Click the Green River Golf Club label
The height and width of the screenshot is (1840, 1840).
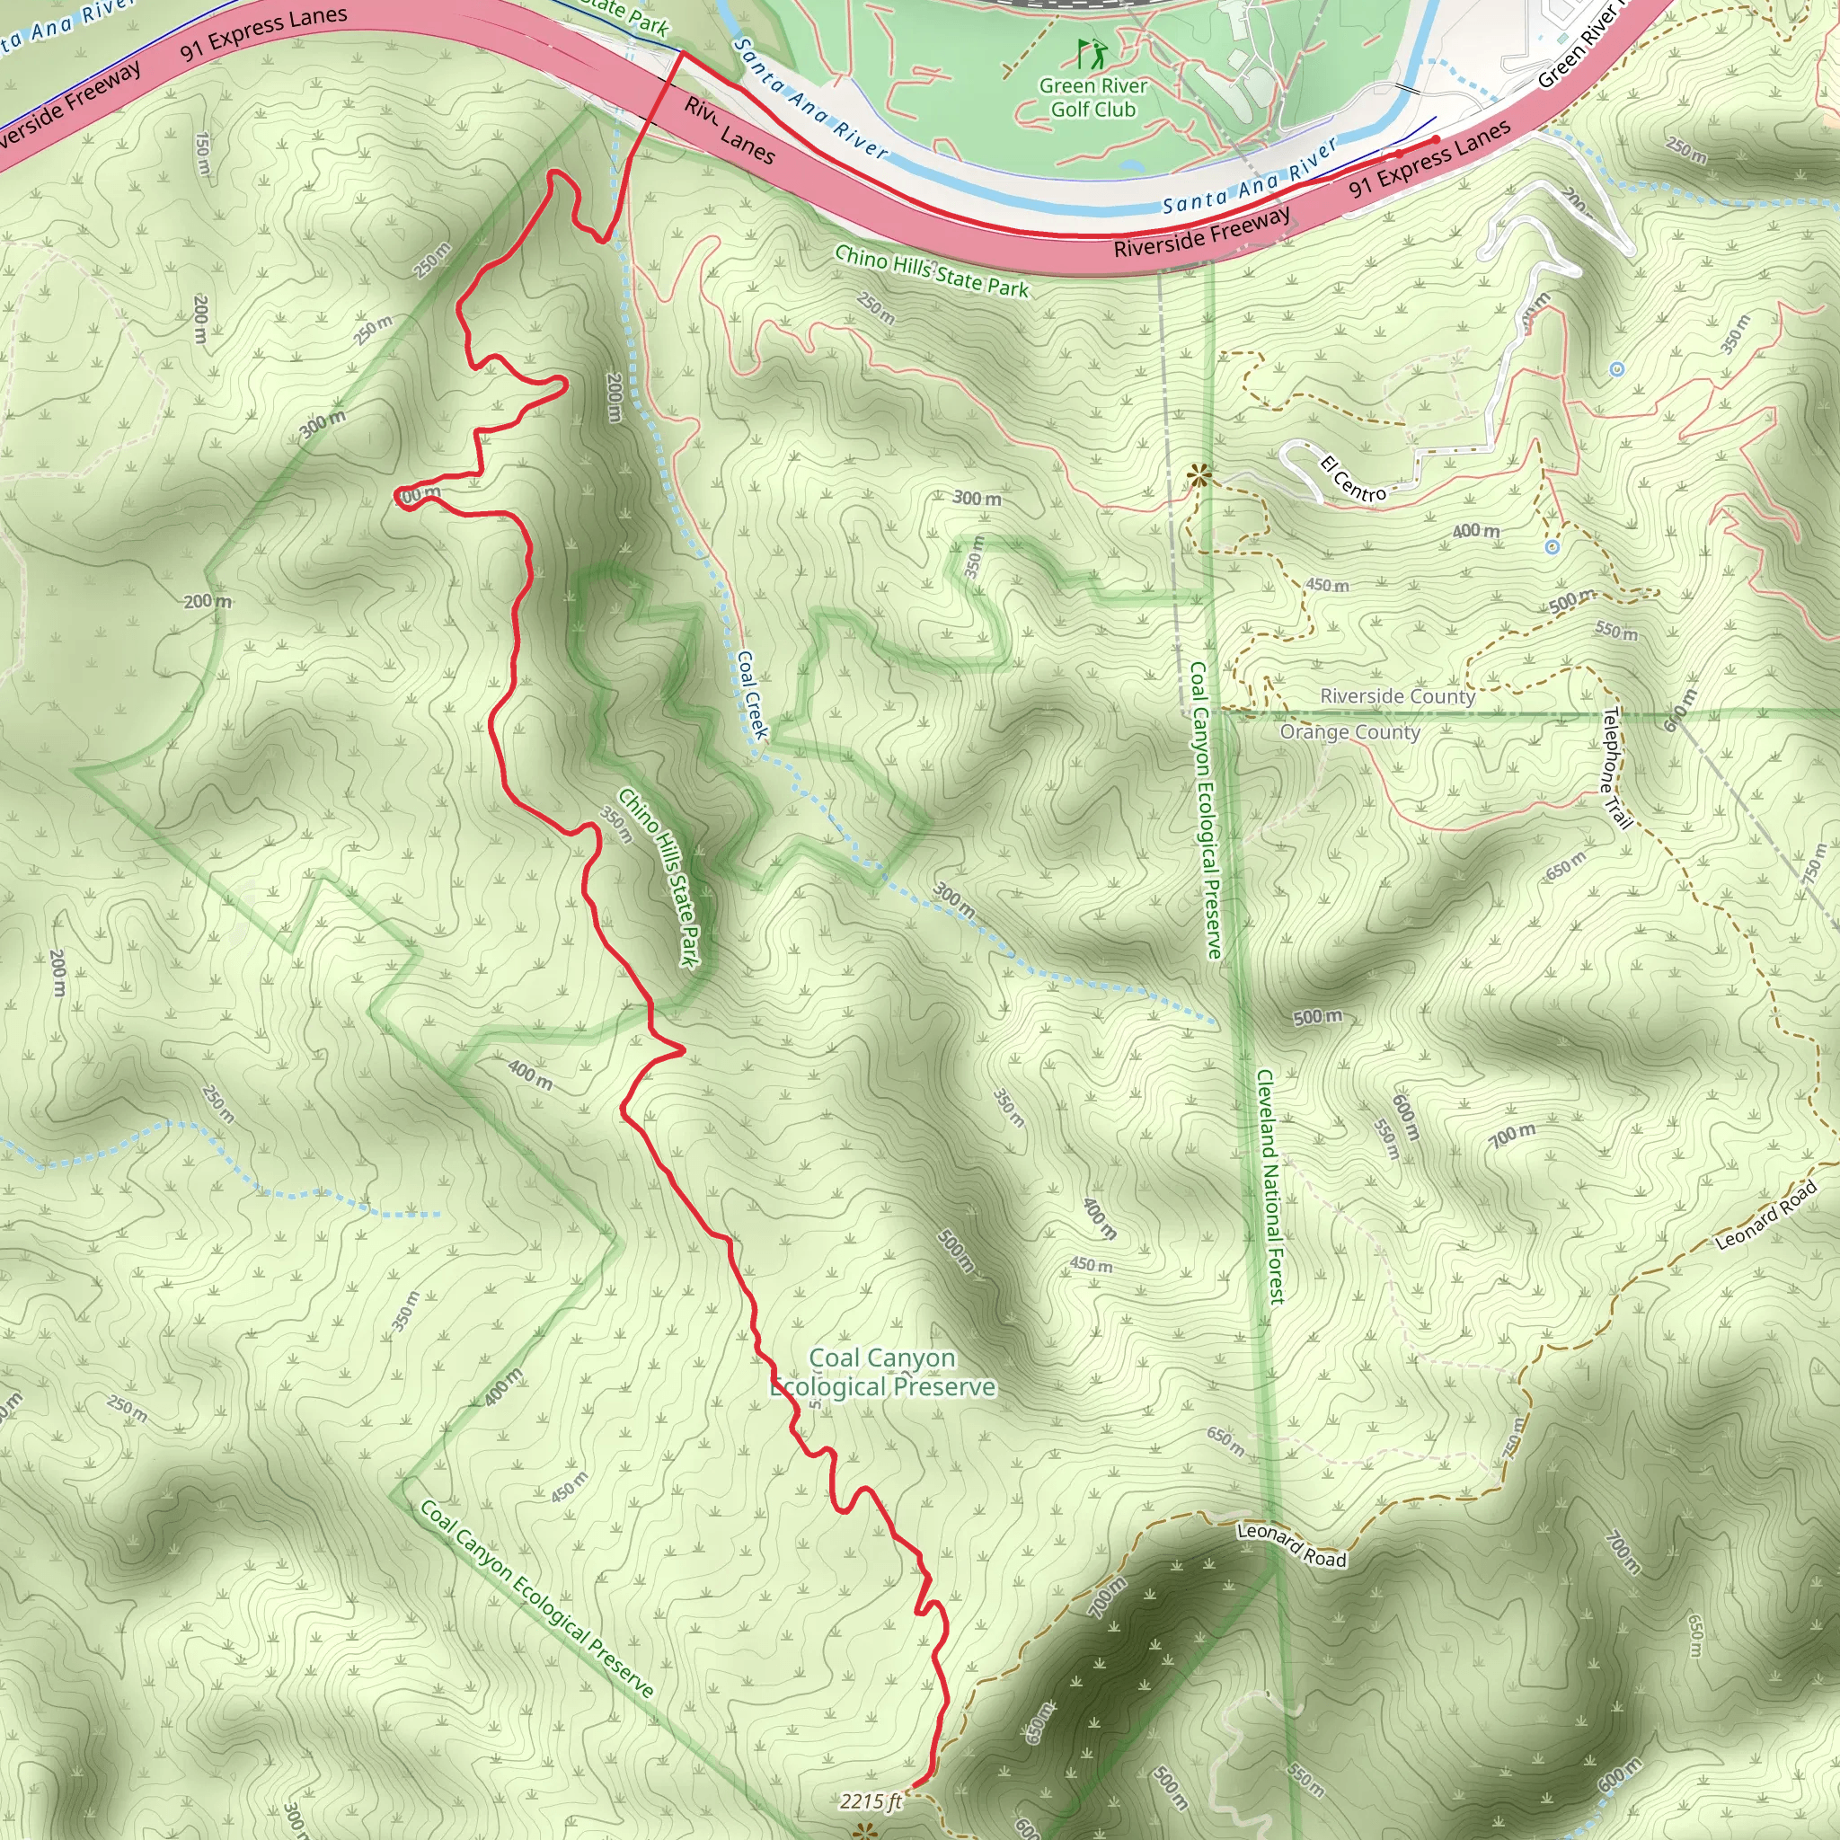(1092, 97)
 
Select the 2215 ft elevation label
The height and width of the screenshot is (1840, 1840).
(871, 1801)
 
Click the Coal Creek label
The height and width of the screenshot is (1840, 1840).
(752, 694)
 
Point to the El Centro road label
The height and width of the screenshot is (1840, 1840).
(1353, 479)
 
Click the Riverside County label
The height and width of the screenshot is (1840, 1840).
(1397, 696)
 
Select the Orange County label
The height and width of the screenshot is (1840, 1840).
(1349, 731)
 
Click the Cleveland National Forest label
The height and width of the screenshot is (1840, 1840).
(1270, 1186)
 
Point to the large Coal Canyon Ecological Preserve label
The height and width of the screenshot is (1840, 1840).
(883, 1373)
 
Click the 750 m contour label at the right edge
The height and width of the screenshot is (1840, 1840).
(1813, 861)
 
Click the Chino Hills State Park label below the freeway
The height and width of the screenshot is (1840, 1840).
(932, 271)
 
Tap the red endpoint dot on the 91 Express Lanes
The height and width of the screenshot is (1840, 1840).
(1437, 141)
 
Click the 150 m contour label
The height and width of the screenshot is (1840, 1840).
(202, 153)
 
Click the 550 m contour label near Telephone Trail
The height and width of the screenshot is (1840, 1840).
(1616, 632)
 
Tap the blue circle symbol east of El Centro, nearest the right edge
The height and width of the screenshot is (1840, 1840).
(1617, 368)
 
